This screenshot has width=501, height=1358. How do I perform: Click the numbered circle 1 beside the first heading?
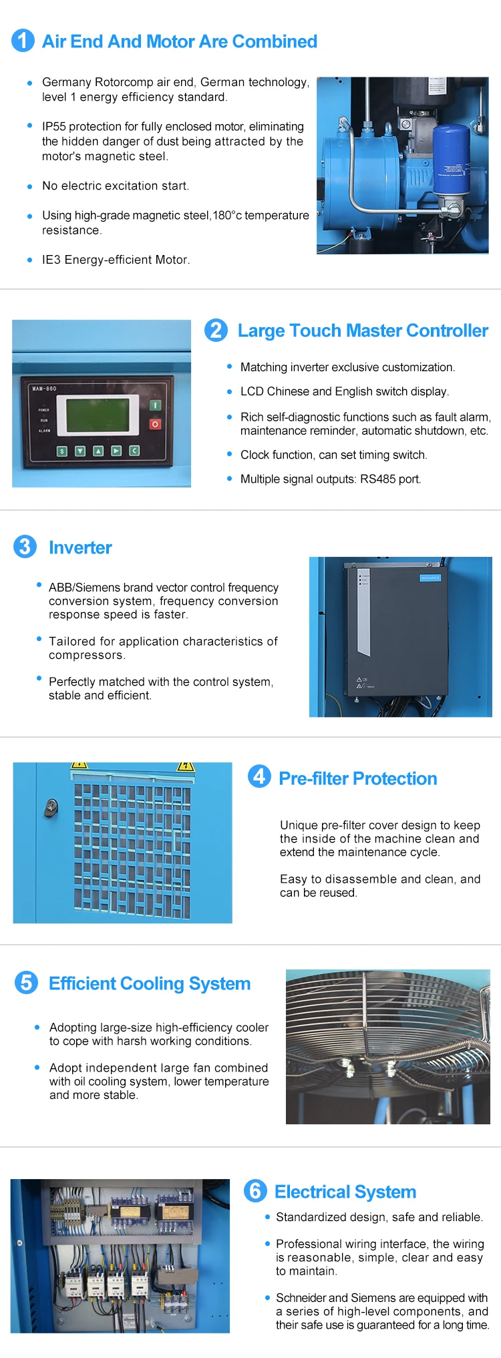click(x=23, y=40)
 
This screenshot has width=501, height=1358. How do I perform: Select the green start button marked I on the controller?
click(x=155, y=405)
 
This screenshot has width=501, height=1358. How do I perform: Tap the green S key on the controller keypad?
click(x=62, y=451)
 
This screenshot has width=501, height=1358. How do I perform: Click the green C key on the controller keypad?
click(x=134, y=451)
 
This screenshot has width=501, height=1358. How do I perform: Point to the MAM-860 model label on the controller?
click(x=44, y=389)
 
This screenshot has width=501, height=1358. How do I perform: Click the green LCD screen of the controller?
click(x=98, y=415)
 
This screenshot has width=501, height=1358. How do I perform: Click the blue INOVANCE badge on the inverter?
click(x=430, y=578)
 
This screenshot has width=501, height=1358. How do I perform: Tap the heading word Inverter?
click(x=80, y=547)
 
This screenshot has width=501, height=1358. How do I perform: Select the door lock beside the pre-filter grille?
click(x=51, y=809)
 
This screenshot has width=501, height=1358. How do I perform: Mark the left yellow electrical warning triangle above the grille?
click(x=79, y=765)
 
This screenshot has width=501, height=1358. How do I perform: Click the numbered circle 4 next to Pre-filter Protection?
click(x=259, y=776)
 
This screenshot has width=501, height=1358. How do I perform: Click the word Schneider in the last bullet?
click(x=301, y=1297)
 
